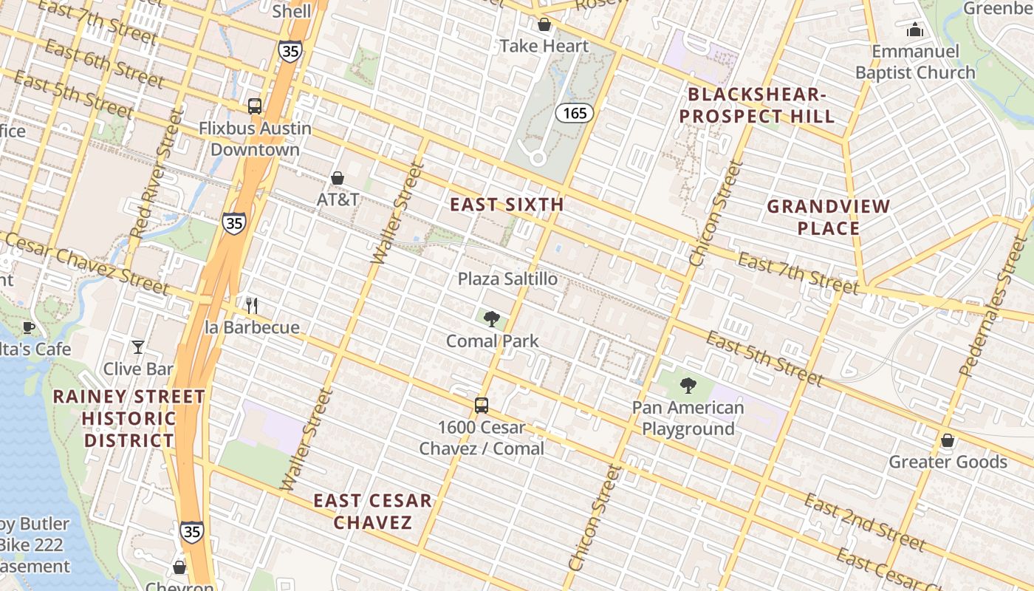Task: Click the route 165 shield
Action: [x=574, y=112]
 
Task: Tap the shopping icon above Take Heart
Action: [x=544, y=24]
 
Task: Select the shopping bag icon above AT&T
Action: [x=338, y=178]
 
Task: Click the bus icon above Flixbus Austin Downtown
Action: [x=255, y=106]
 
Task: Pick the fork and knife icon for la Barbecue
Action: [x=252, y=306]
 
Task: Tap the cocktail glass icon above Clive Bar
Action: [x=137, y=346]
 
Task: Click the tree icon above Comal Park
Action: [x=491, y=319]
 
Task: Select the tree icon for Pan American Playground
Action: [x=688, y=385]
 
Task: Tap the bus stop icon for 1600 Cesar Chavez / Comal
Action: [x=482, y=405]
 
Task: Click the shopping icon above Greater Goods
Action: [x=948, y=440]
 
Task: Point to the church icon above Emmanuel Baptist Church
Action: [x=915, y=30]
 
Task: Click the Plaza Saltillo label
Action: [x=507, y=279]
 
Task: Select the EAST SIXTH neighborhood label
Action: [x=507, y=205]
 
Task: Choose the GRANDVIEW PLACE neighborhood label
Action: [x=828, y=217]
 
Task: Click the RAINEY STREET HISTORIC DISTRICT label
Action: [x=129, y=419]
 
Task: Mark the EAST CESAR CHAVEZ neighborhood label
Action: [x=372, y=511]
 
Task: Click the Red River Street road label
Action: [x=156, y=174]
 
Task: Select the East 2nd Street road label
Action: [x=864, y=523]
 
